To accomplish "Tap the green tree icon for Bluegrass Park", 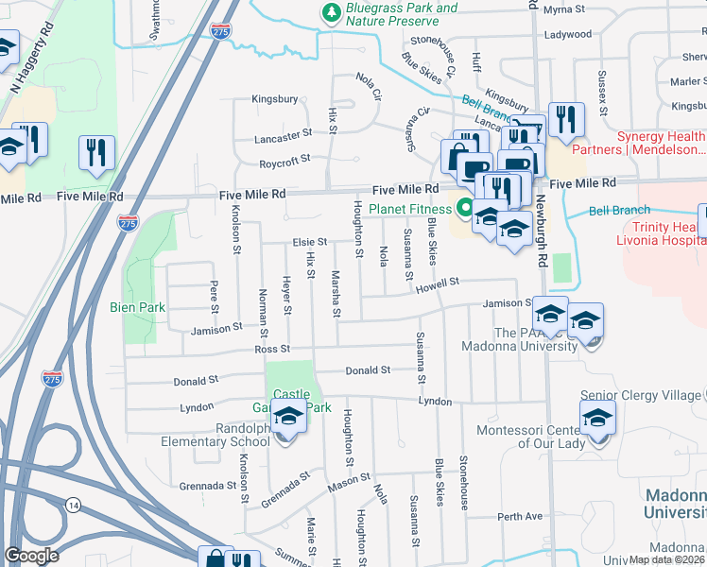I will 331,11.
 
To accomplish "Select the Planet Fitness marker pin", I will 464,207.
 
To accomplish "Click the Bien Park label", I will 144,307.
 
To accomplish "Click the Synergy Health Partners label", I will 661,143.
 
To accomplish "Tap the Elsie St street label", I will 309,242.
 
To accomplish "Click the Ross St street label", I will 271,349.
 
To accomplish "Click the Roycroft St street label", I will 285,161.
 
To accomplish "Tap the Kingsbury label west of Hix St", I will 275,98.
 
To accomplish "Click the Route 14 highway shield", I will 73,506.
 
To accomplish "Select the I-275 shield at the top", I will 221,29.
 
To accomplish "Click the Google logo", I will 32,555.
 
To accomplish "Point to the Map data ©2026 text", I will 667,559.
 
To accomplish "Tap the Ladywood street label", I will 567,35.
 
